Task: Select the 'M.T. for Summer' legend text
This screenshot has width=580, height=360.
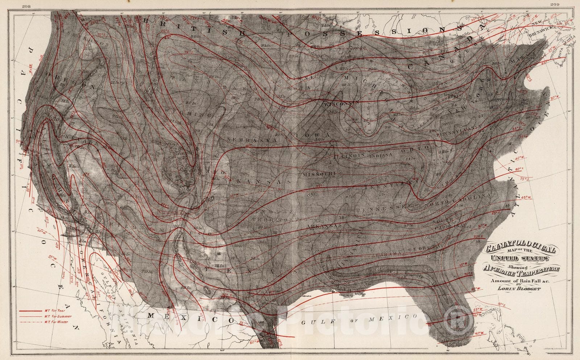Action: (58, 316)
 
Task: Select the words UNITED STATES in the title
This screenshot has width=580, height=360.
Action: (519, 259)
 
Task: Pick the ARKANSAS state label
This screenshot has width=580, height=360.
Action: (324, 226)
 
